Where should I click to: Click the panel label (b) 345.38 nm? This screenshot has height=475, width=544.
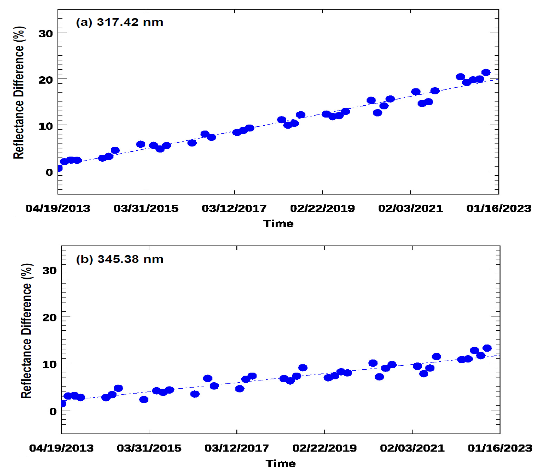(x=120, y=259)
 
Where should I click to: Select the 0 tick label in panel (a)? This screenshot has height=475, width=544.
(x=49, y=172)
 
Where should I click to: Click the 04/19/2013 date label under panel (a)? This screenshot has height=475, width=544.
(x=58, y=209)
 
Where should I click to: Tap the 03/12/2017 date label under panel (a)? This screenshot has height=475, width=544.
(x=234, y=209)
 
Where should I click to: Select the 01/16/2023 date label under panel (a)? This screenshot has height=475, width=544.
(x=499, y=209)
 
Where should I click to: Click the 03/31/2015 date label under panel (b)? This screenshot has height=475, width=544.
(x=149, y=448)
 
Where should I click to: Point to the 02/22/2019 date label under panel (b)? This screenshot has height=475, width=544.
(x=325, y=448)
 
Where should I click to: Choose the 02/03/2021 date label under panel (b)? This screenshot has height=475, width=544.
(x=412, y=448)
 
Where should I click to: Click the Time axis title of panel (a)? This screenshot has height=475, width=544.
(x=278, y=224)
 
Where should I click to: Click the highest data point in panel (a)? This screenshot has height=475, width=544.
(x=486, y=72)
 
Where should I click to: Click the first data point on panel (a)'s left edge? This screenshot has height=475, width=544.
(x=59, y=168)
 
